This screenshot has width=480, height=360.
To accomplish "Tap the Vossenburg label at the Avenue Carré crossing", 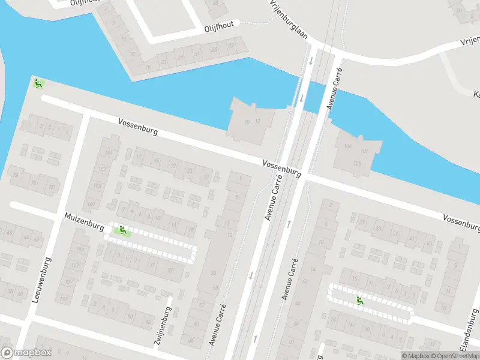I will (x=281, y=167).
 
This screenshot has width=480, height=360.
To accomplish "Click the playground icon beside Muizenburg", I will (x=122, y=229).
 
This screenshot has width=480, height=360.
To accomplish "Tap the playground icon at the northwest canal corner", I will (x=38, y=83).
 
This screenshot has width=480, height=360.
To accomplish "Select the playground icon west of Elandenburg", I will (x=359, y=300).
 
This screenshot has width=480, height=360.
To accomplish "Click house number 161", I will (x=109, y=153).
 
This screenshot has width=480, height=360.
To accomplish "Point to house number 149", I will (x=91, y=205).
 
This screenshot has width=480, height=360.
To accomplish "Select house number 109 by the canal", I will (x=358, y=163).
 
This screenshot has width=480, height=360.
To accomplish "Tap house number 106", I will (x=347, y=146).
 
